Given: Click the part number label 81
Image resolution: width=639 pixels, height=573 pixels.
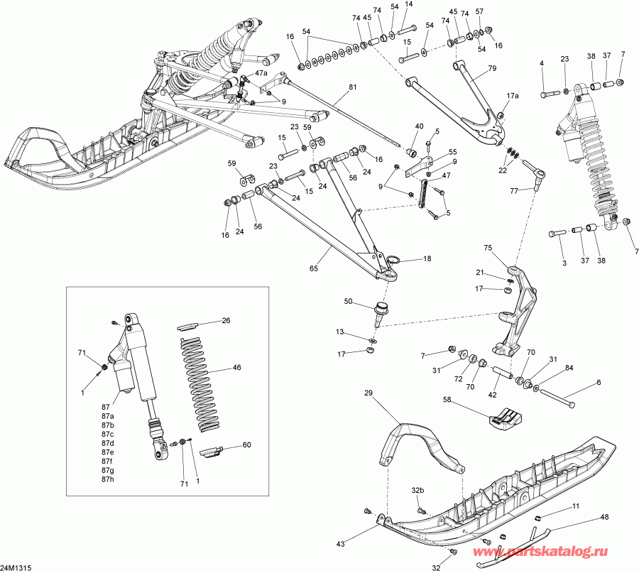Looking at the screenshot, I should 353,88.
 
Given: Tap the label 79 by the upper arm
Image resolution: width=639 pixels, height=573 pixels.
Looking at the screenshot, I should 491,69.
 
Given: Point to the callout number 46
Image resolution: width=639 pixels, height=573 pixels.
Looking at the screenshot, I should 236,369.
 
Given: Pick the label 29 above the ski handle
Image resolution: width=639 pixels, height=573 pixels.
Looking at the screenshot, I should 368,393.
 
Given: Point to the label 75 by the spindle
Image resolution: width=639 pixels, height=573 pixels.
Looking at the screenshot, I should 488,248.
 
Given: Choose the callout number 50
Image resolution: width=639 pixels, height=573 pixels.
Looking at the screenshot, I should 348,302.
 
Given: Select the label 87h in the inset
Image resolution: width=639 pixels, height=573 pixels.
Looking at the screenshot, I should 107,479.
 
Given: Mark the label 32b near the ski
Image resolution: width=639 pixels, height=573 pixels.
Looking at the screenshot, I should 417,491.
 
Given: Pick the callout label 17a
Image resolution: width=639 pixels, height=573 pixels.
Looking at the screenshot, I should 513,95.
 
